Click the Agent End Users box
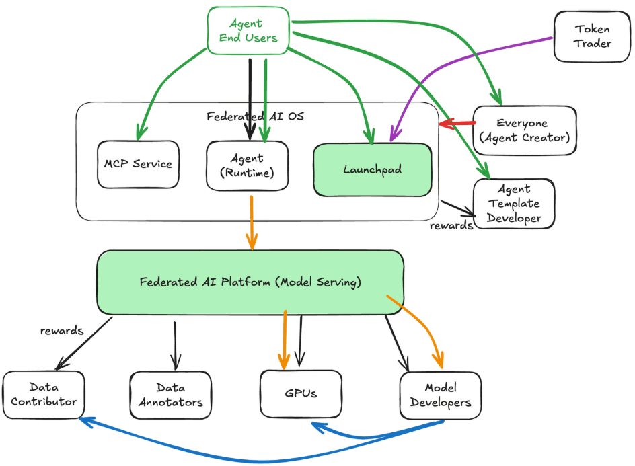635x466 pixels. [248, 31]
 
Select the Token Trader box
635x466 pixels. [593, 36]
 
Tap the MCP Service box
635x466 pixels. [138, 164]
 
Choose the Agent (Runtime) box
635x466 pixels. [247, 165]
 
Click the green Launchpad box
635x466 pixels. [372, 169]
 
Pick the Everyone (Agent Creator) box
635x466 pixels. [525, 130]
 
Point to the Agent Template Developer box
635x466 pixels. [514, 204]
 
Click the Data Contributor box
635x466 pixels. [44, 395]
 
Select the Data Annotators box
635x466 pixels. [170, 395]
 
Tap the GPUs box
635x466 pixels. [301, 393]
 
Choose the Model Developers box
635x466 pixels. [441, 396]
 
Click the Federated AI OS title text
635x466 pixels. [255, 116]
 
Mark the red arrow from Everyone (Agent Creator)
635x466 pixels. [457, 123]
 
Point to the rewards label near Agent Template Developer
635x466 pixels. [451, 225]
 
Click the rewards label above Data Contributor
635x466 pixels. [62, 330]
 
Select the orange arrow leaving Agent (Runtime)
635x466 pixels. [252, 222]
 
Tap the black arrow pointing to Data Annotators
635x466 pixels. [175, 343]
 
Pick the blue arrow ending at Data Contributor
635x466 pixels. [202, 451]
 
